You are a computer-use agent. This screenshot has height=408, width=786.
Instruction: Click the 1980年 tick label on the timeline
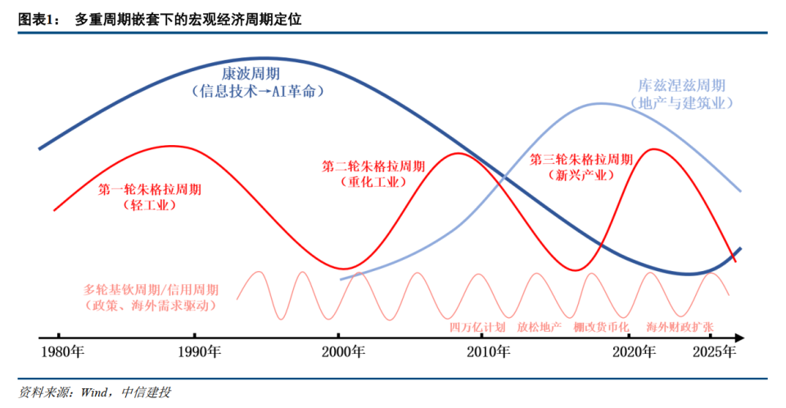click(x=62, y=353)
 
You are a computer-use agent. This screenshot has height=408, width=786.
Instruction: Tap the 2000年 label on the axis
click(x=339, y=353)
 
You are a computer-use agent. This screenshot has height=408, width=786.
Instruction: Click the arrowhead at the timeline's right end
click(x=739, y=337)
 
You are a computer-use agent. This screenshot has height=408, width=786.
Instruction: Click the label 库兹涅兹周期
click(x=681, y=85)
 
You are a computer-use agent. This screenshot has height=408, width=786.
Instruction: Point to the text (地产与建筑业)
click(x=681, y=103)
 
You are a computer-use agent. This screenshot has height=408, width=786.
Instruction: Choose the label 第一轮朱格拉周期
click(x=150, y=189)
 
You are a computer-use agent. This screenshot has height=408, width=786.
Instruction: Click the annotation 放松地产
click(x=540, y=326)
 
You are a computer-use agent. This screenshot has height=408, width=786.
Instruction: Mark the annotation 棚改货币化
click(x=602, y=326)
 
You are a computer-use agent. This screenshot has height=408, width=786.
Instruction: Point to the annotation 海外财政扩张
click(x=680, y=326)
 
